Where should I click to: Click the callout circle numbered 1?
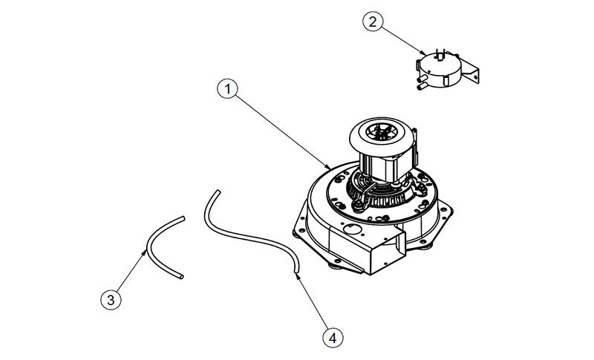point(227,89)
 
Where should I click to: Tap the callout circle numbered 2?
point(373,22)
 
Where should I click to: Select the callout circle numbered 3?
point(111,300)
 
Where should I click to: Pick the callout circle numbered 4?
point(333,337)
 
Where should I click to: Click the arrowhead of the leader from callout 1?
point(328,166)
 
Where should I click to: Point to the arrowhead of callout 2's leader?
point(422,52)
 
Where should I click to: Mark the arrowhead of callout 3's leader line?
point(144,252)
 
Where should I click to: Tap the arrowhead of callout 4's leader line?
point(298,276)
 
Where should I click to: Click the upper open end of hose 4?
point(218,192)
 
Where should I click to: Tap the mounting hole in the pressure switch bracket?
point(475,76)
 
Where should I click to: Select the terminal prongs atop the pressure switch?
point(440,54)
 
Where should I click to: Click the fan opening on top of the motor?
point(381,134)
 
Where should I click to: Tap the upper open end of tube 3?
point(183,218)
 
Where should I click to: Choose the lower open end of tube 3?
point(182,277)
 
